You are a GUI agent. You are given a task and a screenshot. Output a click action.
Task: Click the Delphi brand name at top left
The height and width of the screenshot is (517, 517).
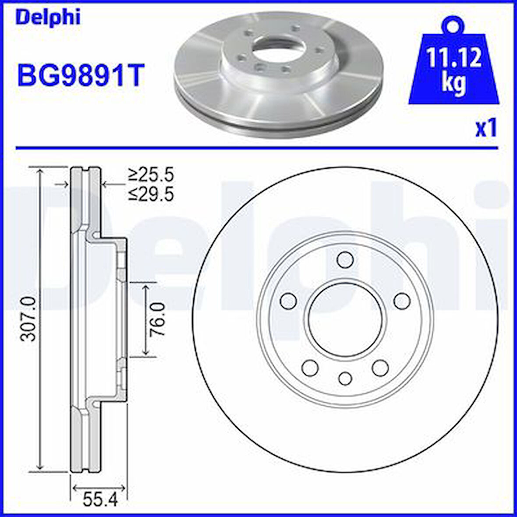48,18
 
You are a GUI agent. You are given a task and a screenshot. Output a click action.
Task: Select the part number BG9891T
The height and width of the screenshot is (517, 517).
80,75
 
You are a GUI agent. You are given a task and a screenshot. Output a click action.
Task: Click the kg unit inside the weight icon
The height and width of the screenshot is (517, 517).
453,83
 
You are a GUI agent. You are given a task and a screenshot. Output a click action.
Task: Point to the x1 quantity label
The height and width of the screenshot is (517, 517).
486,129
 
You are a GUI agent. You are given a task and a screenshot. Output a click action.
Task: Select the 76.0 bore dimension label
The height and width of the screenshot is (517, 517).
157,319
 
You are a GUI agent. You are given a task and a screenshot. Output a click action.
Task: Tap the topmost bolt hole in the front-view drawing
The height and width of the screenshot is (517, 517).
345,259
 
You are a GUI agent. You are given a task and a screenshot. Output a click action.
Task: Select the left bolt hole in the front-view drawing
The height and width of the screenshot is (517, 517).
288,301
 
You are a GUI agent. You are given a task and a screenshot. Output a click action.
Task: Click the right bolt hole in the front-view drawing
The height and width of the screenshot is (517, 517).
402,301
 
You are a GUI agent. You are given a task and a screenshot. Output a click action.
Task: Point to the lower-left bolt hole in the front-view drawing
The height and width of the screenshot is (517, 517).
310,367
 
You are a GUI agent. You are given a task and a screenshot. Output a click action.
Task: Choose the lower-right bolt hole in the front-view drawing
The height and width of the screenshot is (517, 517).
380,367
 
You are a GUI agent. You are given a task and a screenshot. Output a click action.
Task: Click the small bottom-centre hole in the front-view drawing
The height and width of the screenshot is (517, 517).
345,378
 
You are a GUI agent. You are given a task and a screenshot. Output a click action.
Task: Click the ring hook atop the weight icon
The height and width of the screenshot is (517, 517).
453,24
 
